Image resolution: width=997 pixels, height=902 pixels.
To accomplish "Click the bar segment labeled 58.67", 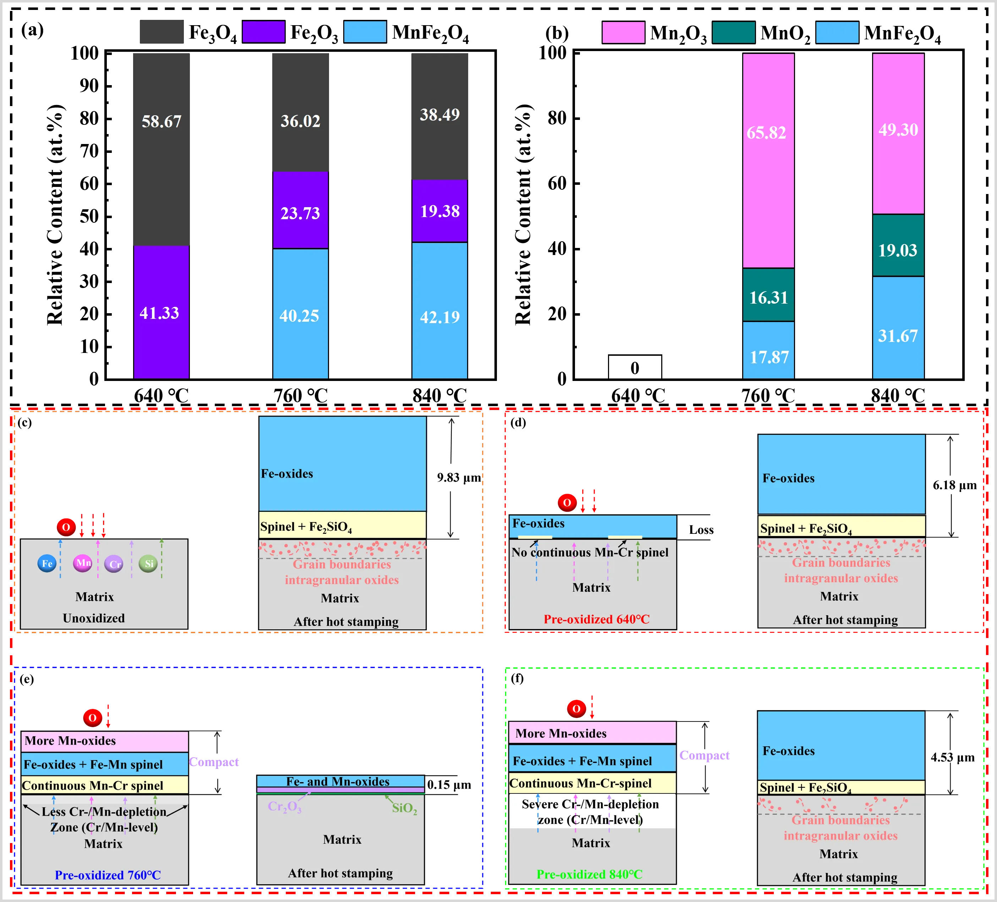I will [161, 148].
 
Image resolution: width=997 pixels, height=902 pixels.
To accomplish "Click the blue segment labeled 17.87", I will [768, 350].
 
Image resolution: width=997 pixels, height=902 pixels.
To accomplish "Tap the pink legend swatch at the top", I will [623, 33].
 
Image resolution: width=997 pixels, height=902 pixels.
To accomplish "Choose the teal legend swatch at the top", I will [733, 33].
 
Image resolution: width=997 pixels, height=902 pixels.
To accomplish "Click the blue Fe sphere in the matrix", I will [47, 564].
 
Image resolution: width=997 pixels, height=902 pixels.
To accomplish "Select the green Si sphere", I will [148, 564].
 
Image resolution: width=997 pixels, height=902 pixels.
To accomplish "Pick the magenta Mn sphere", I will [83, 563].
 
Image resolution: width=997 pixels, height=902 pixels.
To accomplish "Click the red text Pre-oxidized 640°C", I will [596, 619].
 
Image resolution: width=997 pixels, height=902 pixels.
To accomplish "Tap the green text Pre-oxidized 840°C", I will [590, 874].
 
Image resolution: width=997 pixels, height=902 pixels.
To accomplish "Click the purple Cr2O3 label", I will [284, 807].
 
